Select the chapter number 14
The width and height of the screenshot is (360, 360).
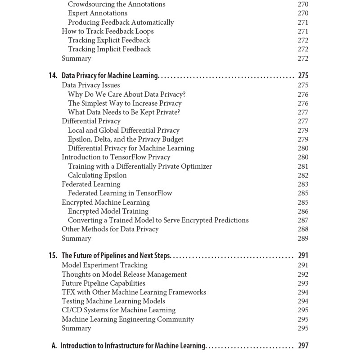(53, 76)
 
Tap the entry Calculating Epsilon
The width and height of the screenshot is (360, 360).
(97, 175)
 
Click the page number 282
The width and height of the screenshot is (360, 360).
(303, 175)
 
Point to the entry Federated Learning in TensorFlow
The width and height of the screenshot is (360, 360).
(120, 193)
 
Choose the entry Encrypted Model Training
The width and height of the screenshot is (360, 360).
(108, 211)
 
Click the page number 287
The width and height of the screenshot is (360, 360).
(303, 220)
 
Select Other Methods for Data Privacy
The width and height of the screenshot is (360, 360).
(110, 229)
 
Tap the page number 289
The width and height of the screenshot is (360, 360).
(303, 238)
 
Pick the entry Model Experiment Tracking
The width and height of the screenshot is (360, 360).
(104, 265)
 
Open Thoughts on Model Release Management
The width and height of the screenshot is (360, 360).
(124, 274)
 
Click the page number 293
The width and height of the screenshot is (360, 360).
(303, 283)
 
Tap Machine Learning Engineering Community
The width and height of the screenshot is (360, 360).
(128, 319)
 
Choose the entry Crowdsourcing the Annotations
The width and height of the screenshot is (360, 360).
(117, 4)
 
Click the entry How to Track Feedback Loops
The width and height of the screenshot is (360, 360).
(108, 31)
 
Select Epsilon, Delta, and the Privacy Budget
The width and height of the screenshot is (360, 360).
(126, 139)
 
